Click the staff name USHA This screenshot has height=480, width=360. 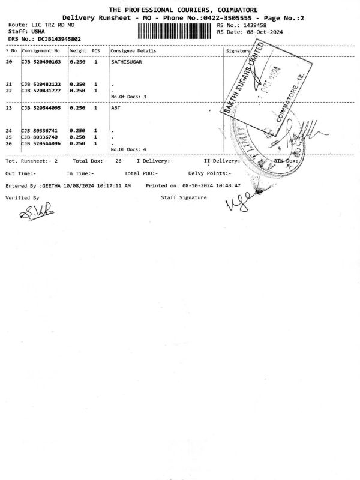38,31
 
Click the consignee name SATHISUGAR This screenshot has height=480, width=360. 126,62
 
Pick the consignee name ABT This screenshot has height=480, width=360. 116,108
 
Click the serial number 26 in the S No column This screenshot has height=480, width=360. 9,143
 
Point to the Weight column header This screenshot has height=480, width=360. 78,51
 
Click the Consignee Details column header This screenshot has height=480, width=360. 133,51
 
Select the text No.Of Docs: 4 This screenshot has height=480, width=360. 128,149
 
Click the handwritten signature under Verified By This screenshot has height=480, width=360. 30,210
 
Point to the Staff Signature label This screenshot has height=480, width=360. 184,197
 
